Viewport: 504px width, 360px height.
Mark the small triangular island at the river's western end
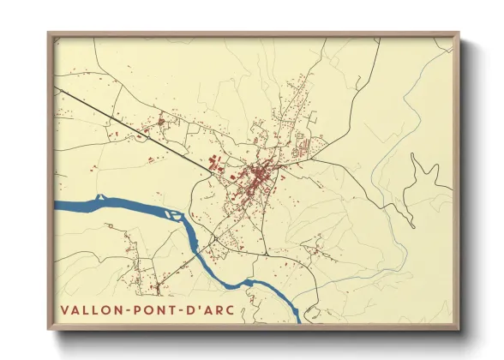tap(101, 198)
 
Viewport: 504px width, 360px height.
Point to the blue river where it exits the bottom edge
tap(296, 318)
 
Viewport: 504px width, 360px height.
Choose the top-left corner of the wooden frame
tap(50, 35)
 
